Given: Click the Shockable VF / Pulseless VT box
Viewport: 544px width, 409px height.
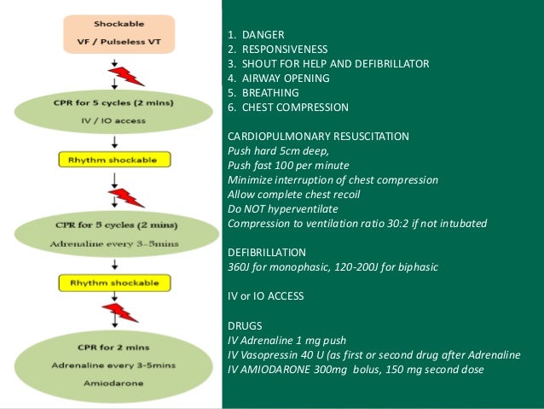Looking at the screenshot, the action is click(119, 34).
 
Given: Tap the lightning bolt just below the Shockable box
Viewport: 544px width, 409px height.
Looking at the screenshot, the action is click(125, 76).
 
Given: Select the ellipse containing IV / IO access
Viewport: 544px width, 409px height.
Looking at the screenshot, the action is click(113, 112).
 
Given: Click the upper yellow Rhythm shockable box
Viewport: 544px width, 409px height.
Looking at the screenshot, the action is click(115, 160).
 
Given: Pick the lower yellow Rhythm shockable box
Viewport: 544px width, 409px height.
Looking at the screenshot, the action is click(115, 283).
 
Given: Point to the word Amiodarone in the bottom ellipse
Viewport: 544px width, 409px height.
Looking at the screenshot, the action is click(113, 383).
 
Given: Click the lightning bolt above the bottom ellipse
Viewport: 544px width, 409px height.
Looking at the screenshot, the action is click(119, 313).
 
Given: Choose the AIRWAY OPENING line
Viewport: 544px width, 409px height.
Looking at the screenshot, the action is click(279, 79).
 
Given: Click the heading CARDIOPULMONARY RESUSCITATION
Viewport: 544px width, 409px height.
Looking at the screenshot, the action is click(318, 137).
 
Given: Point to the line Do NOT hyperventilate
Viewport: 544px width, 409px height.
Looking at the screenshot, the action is click(283, 209).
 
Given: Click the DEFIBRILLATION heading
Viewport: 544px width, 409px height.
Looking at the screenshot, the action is click(267, 252).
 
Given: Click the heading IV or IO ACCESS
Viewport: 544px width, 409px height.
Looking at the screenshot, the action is click(266, 296).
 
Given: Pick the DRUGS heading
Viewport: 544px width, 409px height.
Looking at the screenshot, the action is click(245, 325).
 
